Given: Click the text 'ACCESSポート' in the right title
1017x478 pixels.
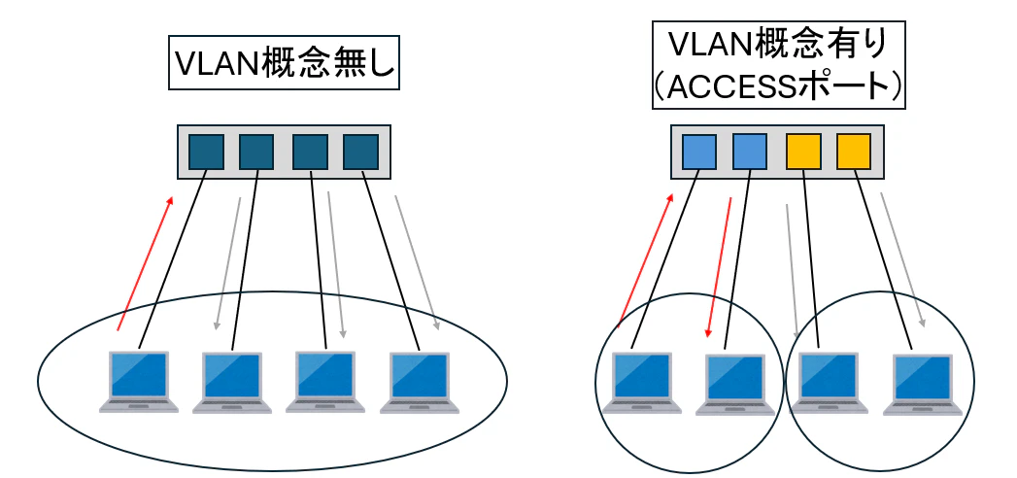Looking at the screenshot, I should click(x=778, y=85).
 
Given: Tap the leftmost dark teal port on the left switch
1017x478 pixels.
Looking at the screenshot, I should click(x=206, y=152).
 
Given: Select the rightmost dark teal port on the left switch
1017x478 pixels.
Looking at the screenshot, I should click(x=360, y=152).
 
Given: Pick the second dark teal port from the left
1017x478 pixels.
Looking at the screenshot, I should click(x=256, y=152).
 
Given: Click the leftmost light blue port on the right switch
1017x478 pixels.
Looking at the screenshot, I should click(x=699, y=152).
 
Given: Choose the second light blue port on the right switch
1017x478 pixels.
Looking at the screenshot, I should click(x=750, y=152).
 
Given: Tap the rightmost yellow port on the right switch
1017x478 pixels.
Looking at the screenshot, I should click(x=853, y=152).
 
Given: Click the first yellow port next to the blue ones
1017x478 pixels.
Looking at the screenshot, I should click(x=803, y=152).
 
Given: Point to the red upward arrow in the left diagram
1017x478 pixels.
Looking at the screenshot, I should click(x=145, y=262).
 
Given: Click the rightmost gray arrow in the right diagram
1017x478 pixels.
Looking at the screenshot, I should click(x=903, y=258).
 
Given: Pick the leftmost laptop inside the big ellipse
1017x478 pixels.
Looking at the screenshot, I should click(x=139, y=381).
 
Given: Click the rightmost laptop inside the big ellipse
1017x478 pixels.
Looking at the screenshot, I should click(x=419, y=382).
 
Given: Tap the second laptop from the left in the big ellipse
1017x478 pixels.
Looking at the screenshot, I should click(x=232, y=382).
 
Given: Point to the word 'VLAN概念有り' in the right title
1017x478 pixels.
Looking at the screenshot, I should click(x=778, y=44).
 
